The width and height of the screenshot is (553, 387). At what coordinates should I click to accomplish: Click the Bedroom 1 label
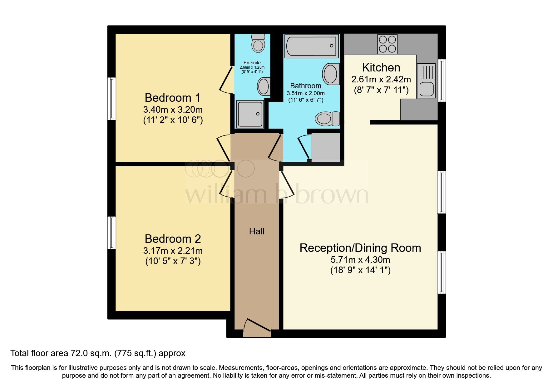point(172,98)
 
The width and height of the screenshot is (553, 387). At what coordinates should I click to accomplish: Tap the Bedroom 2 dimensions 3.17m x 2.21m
point(173,251)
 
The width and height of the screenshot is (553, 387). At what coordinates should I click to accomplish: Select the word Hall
point(257,231)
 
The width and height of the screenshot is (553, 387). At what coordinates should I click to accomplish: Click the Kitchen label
point(381,68)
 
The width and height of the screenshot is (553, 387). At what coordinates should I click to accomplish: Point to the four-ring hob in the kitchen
point(388,44)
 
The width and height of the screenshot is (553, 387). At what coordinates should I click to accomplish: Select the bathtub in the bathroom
point(312,46)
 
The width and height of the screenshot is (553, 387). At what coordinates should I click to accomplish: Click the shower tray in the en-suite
point(250,114)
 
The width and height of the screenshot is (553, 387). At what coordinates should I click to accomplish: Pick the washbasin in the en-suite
point(264,86)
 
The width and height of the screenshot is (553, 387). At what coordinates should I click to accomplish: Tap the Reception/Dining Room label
point(360,248)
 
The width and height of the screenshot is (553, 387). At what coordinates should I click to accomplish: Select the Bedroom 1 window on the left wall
point(111,99)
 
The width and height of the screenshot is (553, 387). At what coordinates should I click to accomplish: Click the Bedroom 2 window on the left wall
point(111,233)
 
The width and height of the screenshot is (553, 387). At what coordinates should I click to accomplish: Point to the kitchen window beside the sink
point(442,81)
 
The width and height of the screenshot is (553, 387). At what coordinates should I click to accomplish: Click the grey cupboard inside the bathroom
point(326,147)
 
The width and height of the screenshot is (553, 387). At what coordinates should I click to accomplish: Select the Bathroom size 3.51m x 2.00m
point(306,93)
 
